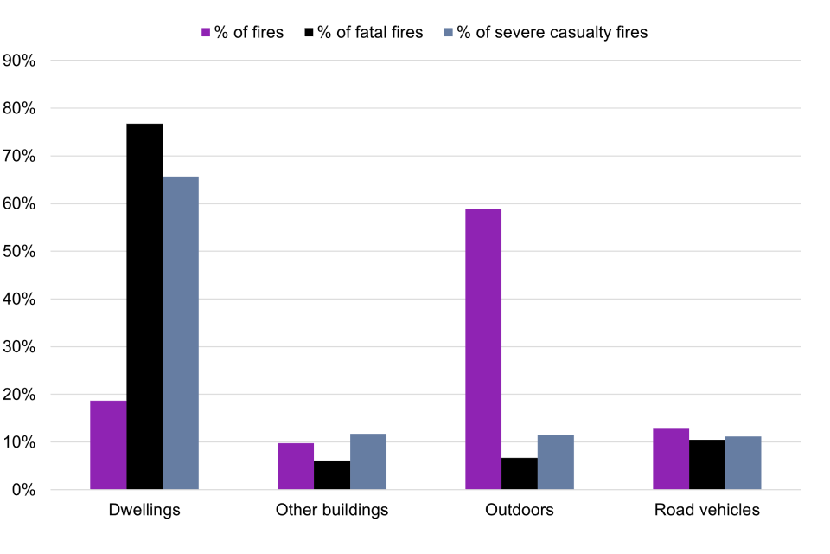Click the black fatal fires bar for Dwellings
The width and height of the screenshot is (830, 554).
(144, 306)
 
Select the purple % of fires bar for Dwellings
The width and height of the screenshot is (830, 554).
(108, 445)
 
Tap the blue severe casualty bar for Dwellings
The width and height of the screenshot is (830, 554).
(181, 333)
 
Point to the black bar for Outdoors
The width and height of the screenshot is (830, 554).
(520, 473)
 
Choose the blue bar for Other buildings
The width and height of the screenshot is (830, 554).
(368, 461)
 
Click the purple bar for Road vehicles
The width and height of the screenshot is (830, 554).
(671, 459)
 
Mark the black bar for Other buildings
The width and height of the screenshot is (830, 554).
(332, 474)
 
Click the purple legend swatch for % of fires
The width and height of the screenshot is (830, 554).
(206, 33)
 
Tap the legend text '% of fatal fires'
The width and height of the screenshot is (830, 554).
(370, 33)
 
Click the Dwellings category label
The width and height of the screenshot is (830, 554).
(144, 510)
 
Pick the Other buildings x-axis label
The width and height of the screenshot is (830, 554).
(332, 510)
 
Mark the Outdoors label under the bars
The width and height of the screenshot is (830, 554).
(520, 510)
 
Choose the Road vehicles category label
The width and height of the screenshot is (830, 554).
(707, 510)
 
